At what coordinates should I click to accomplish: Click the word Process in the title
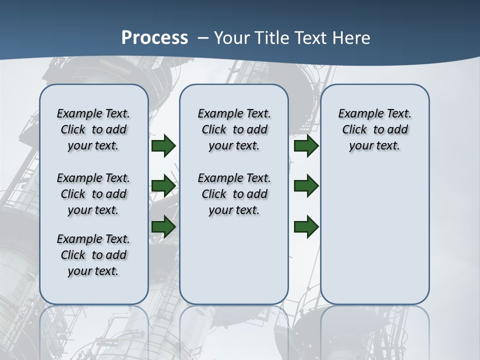tap(154, 38)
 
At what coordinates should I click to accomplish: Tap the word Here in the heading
tap(350, 38)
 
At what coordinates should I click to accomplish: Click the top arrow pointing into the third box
tap(306, 145)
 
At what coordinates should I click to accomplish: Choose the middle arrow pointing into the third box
tap(306, 186)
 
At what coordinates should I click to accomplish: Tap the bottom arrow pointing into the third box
tap(306, 227)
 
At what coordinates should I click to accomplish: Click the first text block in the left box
tap(93, 129)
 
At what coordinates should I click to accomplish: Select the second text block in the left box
tap(93, 194)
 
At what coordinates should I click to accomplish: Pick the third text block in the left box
tap(93, 255)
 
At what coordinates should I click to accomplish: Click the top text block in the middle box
tap(234, 129)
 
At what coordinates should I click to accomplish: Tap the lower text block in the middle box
tap(234, 194)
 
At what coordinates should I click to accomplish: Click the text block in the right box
tap(374, 129)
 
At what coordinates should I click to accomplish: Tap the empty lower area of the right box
tap(374, 240)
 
